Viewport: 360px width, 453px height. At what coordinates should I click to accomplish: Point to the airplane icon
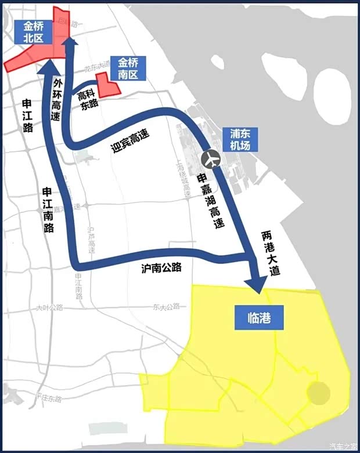pyautogui.click(x=211, y=157)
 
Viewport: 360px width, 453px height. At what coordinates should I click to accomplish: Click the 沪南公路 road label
pyautogui.click(x=161, y=268)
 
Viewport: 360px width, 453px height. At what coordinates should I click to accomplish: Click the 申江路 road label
pyautogui.click(x=27, y=115)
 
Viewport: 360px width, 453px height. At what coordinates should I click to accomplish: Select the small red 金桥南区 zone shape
pyautogui.click(x=108, y=86)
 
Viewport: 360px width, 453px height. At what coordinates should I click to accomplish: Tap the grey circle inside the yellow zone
pyautogui.click(x=318, y=393)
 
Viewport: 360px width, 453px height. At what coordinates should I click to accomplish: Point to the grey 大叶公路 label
pyautogui.click(x=49, y=307)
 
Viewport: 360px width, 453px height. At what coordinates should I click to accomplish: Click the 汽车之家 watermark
pyautogui.click(x=343, y=446)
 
